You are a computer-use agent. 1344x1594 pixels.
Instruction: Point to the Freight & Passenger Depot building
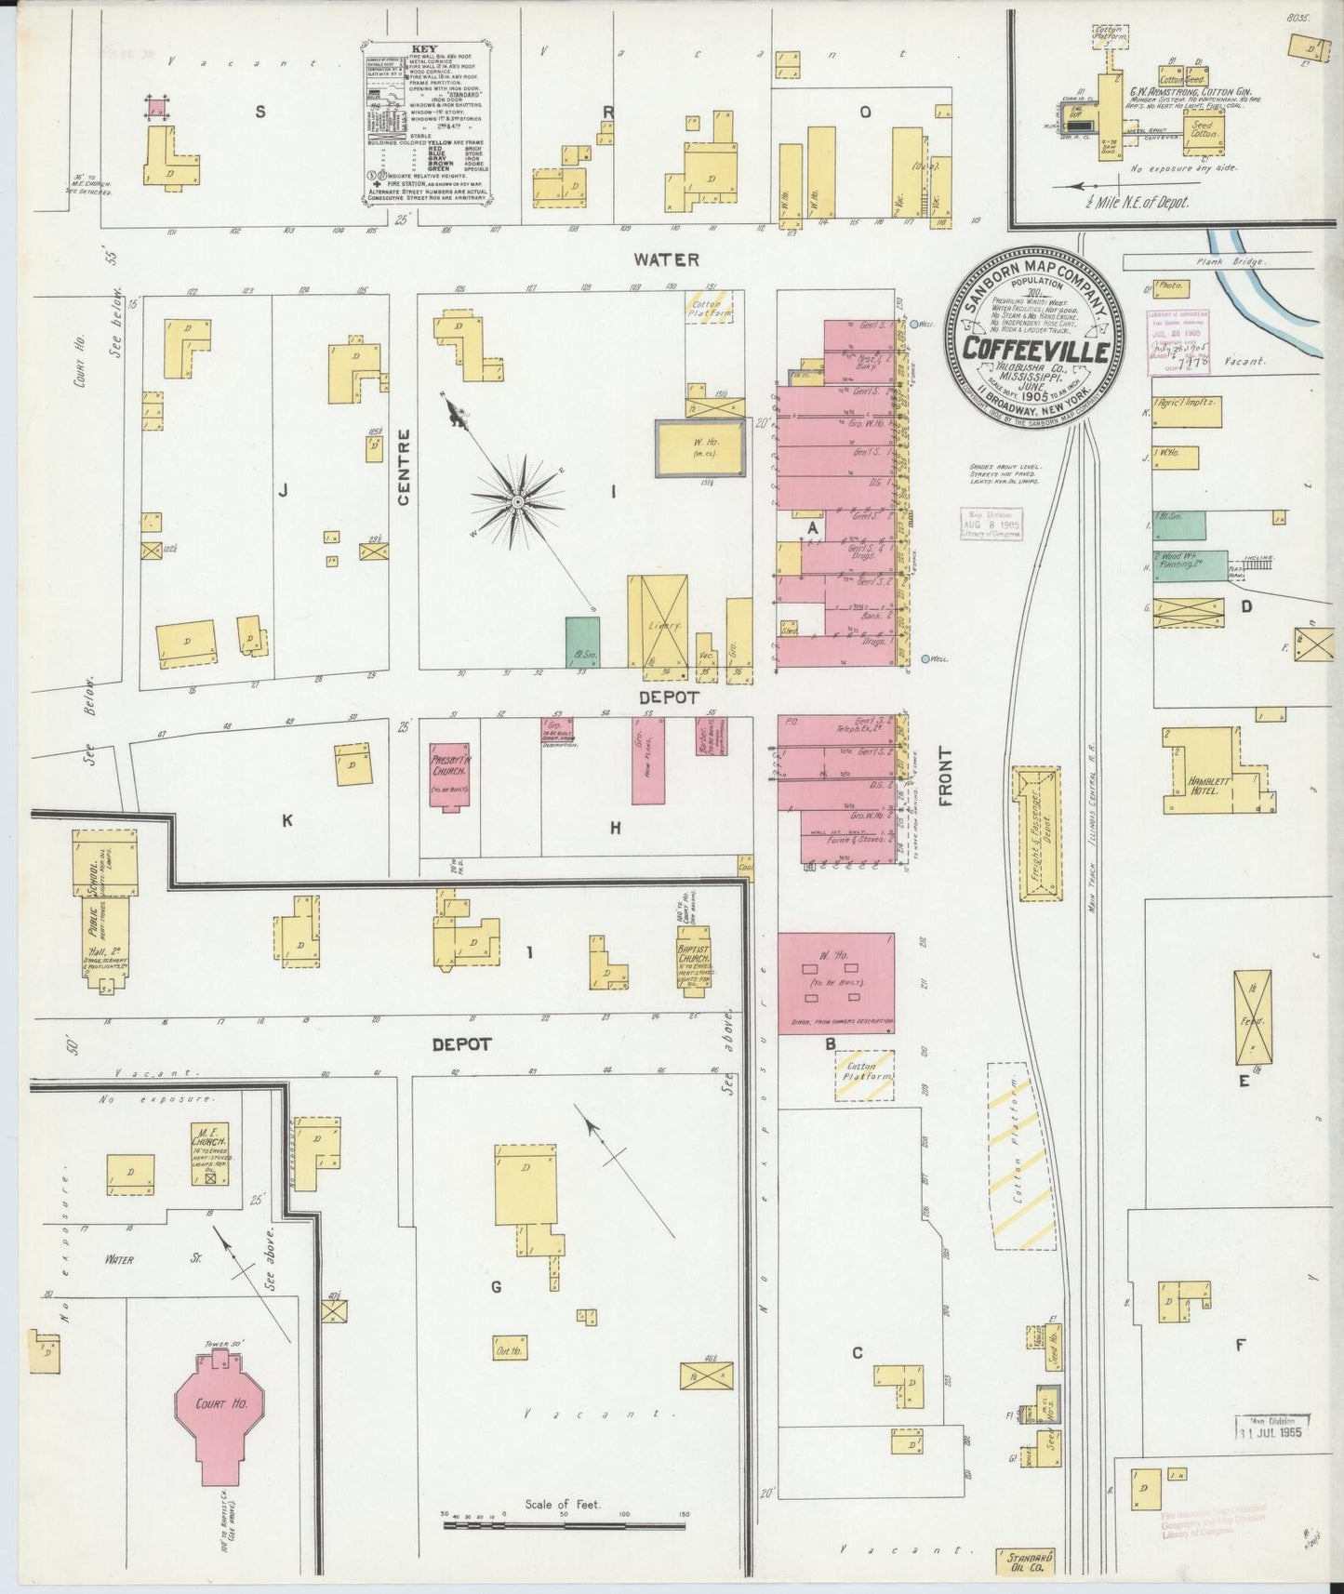(x=1042, y=833)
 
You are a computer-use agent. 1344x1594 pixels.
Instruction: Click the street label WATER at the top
(x=666, y=259)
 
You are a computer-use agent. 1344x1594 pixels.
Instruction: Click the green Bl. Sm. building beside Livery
(x=582, y=641)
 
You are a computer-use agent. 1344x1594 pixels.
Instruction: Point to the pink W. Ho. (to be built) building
(x=836, y=982)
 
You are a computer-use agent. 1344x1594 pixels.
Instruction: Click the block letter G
(x=497, y=1286)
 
